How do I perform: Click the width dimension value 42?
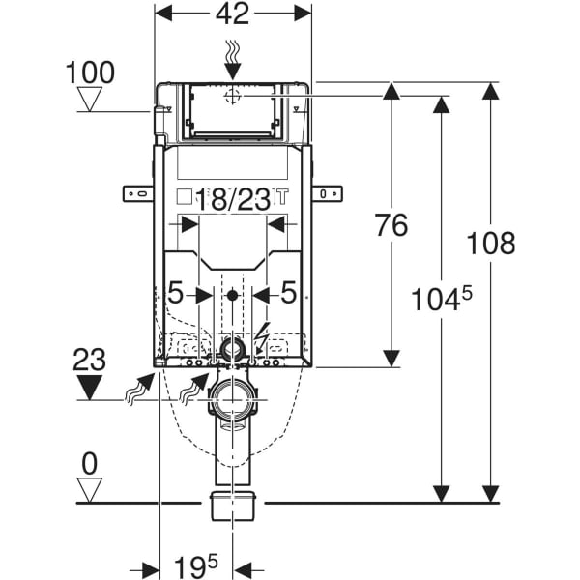(x=232, y=14)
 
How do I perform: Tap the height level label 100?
(x=91, y=72)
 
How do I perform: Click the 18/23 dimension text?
(x=231, y=201)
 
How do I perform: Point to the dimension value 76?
(x=391, y=225)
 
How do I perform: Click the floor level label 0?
(x=90, y=464)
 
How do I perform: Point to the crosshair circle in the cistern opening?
(x=232, y=97)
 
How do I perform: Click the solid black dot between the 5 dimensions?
(x=232, y=295)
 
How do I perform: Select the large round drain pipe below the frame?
(x=232, y=395)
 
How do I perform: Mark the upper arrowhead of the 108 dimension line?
(x=492, y=91)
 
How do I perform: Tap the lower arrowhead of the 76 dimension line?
(x=391, y=359)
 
